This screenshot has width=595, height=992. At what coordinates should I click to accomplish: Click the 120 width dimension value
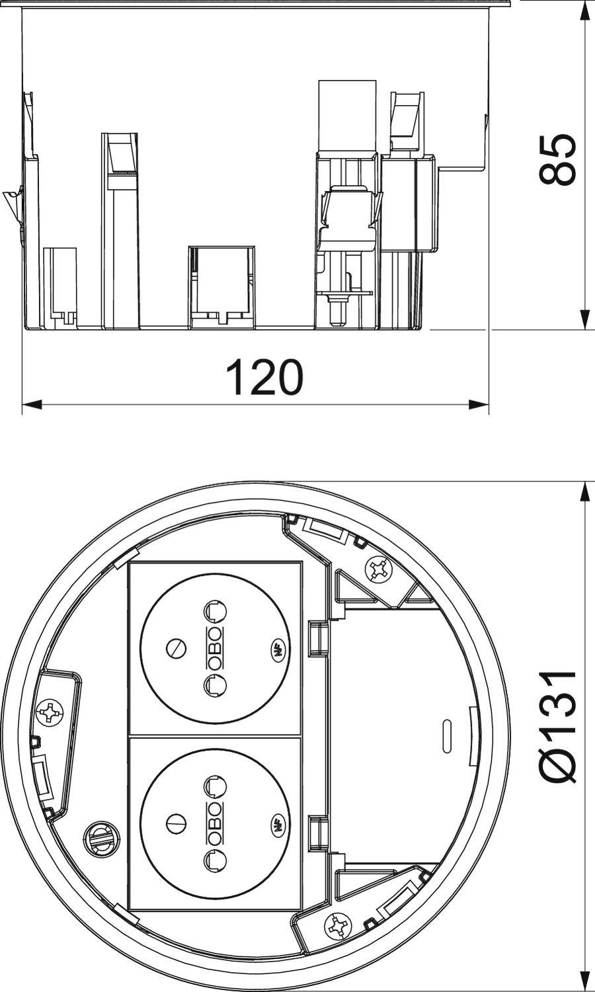coord(264,377)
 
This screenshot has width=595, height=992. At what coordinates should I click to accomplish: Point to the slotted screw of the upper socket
coord(177,649)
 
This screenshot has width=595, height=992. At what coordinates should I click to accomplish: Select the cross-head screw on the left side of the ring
coord(50,713)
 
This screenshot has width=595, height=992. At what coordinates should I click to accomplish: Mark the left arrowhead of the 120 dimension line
coord(30,403)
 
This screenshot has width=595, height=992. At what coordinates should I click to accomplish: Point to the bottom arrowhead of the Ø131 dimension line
coord(584,983)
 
